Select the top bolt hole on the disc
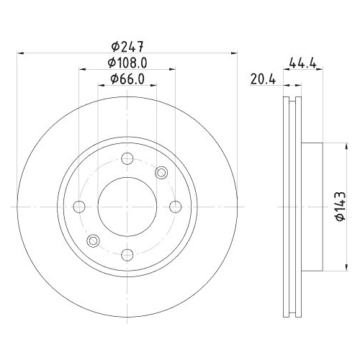(127, 160)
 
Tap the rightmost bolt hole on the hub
(174, 207)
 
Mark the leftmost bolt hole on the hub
(80, 207)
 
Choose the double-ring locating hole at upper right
(161, 172)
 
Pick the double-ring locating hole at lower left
(92, 240)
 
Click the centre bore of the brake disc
(127, 207)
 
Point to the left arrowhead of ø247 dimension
(19, 53)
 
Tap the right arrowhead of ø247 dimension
(234, 53)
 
